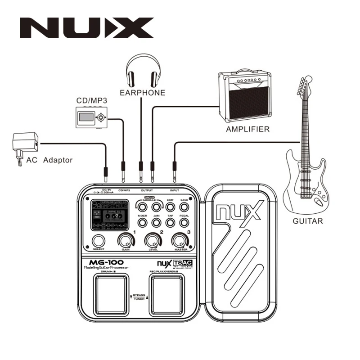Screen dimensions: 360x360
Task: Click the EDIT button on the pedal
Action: pos(170,207)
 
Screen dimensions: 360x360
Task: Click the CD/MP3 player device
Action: pos(91,117)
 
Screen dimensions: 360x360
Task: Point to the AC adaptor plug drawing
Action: pos(23,144)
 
